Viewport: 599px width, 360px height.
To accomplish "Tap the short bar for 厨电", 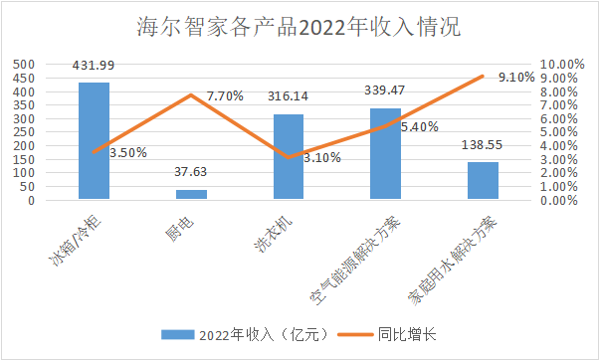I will click(x=191, y=195).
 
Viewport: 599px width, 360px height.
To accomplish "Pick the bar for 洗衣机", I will click(x=289, y=157).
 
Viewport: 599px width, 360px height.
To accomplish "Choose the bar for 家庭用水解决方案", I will click(x=483, y=181).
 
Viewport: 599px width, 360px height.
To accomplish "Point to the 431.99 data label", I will click(x=94, y=66).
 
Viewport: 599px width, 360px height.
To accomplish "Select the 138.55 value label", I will click(x=483, y=145).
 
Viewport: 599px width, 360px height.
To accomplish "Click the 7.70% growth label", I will click(x=225, y=96).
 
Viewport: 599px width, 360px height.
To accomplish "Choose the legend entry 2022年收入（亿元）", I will click(x=239, y=334).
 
